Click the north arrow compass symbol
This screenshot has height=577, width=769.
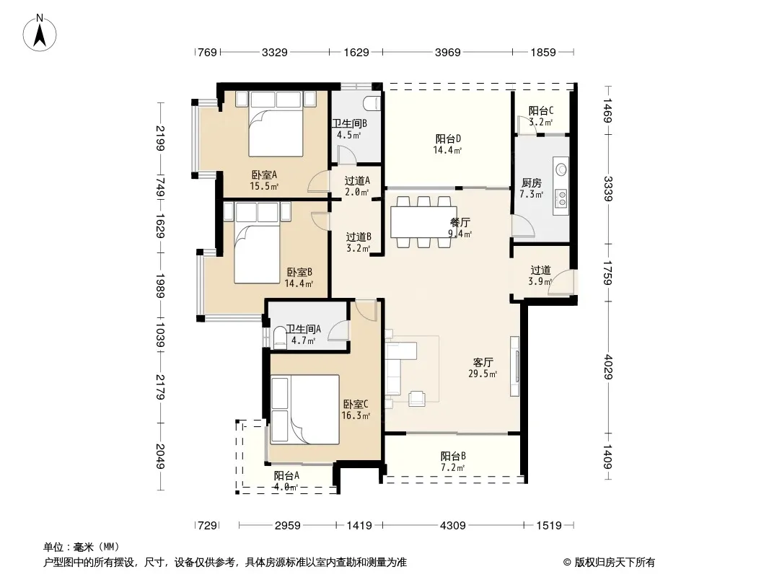40,33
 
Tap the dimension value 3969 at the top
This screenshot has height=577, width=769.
447,52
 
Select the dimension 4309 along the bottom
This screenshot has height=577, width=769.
452,526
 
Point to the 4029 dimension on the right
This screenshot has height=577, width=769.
607,366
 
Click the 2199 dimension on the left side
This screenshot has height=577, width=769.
160,138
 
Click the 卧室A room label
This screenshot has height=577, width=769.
264,175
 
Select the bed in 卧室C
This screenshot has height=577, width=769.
305,410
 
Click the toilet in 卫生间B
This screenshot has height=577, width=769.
372,103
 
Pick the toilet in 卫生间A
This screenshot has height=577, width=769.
280,338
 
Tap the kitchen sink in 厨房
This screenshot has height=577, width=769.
561,169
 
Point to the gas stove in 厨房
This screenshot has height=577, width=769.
561,198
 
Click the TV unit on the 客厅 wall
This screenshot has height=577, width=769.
514,366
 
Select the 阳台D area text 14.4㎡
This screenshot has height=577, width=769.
447,151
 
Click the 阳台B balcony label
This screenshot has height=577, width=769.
453,456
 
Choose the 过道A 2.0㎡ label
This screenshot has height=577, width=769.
357,186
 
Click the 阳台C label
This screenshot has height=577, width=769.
541,111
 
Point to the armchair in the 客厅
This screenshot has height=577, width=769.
416,399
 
